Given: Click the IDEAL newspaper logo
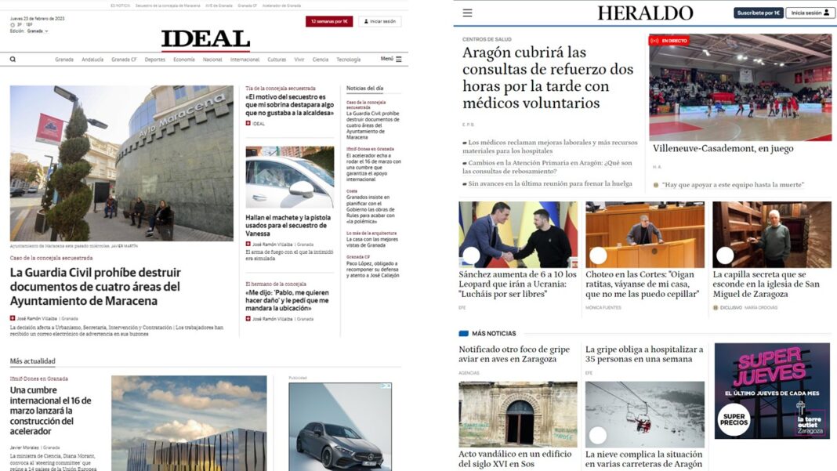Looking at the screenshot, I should tap(205, 40).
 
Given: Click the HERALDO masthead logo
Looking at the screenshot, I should tap(645, 13).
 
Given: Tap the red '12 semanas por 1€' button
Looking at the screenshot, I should tap(329, 21).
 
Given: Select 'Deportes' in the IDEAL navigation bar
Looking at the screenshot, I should tap(154, 60).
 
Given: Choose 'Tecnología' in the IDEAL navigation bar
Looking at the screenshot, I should tap(348, 60).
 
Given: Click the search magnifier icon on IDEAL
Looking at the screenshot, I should tap(13, 59).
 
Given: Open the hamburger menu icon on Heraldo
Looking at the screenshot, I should tap(467, 13).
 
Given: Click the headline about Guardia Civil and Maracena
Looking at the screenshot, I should tap(95, 287).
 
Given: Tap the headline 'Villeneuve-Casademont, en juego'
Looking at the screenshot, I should tap(723, 148).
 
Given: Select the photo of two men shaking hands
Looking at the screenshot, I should tap(517, 234).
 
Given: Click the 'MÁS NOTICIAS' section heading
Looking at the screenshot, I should tap(494, 333).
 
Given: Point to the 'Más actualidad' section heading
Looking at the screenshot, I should tap(32, 361).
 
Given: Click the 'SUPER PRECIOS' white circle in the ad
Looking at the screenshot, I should tap(734, 418).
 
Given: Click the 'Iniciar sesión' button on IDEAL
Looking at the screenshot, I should tap(380, 21).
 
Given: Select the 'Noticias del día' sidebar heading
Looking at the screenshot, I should tap(364, 89).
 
